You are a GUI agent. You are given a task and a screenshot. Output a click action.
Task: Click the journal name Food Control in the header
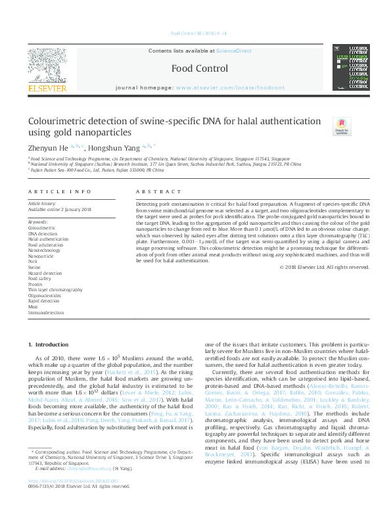(200, 68)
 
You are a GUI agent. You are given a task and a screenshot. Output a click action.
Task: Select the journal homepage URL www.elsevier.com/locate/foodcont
(230, 87)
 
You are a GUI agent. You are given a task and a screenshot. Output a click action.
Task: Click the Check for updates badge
(341, 127)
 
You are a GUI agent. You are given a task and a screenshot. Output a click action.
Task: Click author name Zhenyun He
(47, 147)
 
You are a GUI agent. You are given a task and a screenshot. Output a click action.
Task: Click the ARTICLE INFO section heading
(60, 192)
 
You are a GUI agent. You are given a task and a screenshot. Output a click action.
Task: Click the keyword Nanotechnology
(44, 250)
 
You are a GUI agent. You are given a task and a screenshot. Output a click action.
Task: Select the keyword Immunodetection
(45, 312)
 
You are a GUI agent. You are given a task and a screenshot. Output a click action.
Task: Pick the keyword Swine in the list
(34, 268)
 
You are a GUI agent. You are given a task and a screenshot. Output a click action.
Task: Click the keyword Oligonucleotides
(45, 295)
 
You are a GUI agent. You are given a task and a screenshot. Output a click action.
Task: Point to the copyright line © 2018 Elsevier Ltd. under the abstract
(325, 267)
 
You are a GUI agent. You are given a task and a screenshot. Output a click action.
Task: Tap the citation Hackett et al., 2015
(137, 371)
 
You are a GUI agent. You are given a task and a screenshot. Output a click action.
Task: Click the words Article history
(42, 204)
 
